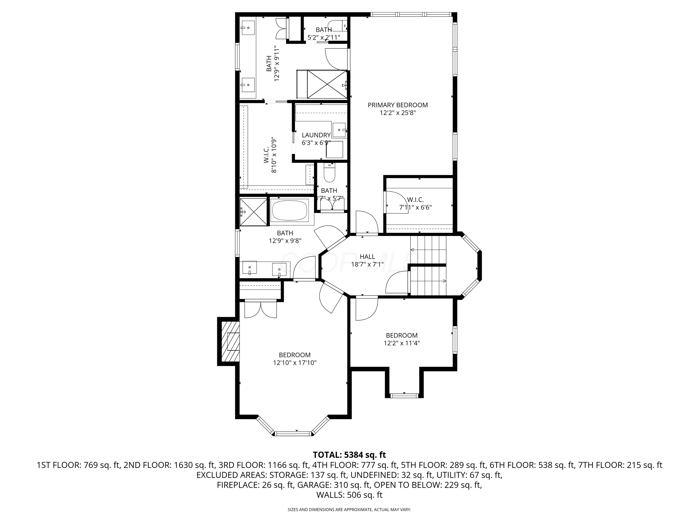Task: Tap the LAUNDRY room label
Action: (x=316, y=135)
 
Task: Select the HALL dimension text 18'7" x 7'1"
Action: (x=367, y=264)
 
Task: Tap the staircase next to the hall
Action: (x=428, y=265)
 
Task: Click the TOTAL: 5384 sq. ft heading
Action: (x=349, y=455)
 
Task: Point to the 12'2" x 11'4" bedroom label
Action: (x=402, y=339)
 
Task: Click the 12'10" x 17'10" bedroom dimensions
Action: (x=295, y=363)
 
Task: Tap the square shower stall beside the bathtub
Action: (x=254, y=212)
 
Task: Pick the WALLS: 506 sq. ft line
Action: (x=349, y=495)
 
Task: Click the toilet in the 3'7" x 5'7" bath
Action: (x=329, y=174)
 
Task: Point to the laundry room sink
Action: (x=339, y=130)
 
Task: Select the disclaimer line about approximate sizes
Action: (x=349, y=510)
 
